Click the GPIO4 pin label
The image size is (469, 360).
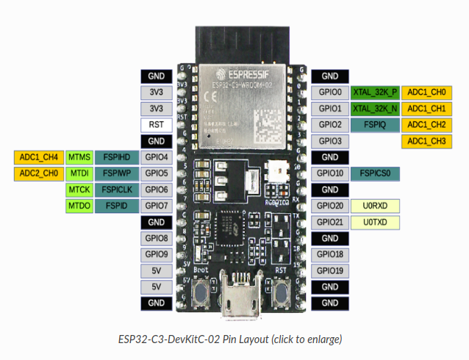[x=156, y=156]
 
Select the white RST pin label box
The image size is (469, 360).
[x=156, y=124]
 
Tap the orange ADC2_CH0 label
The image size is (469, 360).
[x=36, y=173]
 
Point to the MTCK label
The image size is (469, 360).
[x=79, y=190]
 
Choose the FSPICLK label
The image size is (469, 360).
[x=118, y=190]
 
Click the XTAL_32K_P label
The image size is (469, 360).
[x=375, y=92]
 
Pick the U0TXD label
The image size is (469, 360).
[x=375, y=222]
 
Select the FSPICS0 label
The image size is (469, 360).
[x=375, y=173]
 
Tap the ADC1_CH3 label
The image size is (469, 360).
[x=426, y=140]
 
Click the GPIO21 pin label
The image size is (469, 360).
[x=330, y=222]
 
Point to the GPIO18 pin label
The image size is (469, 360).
[x=330, y=254]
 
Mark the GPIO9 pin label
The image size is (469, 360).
[x=156, y=254]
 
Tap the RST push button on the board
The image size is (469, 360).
[x=282, y=295]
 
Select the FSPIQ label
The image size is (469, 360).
[x=375, y=124]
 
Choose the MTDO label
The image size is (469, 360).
[x=79, y=206]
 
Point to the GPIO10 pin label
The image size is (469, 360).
[x=330, y=173]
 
